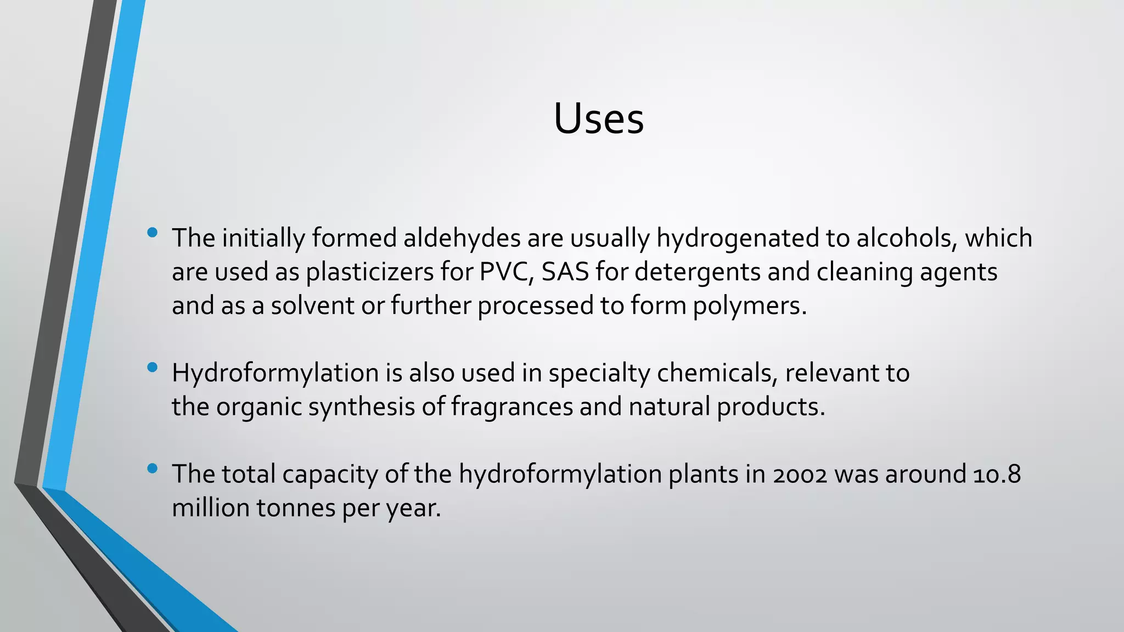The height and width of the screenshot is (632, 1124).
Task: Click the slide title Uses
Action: [598, 119]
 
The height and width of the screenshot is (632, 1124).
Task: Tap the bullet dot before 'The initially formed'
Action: [153, 233]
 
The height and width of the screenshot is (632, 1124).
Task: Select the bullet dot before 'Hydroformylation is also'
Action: [153, 367]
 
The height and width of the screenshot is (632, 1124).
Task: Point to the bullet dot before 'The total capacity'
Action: [153, 469]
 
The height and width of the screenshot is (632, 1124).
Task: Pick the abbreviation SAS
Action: [565, 272]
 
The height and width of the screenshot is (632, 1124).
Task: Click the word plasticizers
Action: [370, 273]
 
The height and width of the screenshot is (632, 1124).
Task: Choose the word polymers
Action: [749, 306]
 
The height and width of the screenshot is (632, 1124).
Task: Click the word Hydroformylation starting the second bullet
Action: [275, 374]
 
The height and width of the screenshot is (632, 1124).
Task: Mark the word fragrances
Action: [512, 407]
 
